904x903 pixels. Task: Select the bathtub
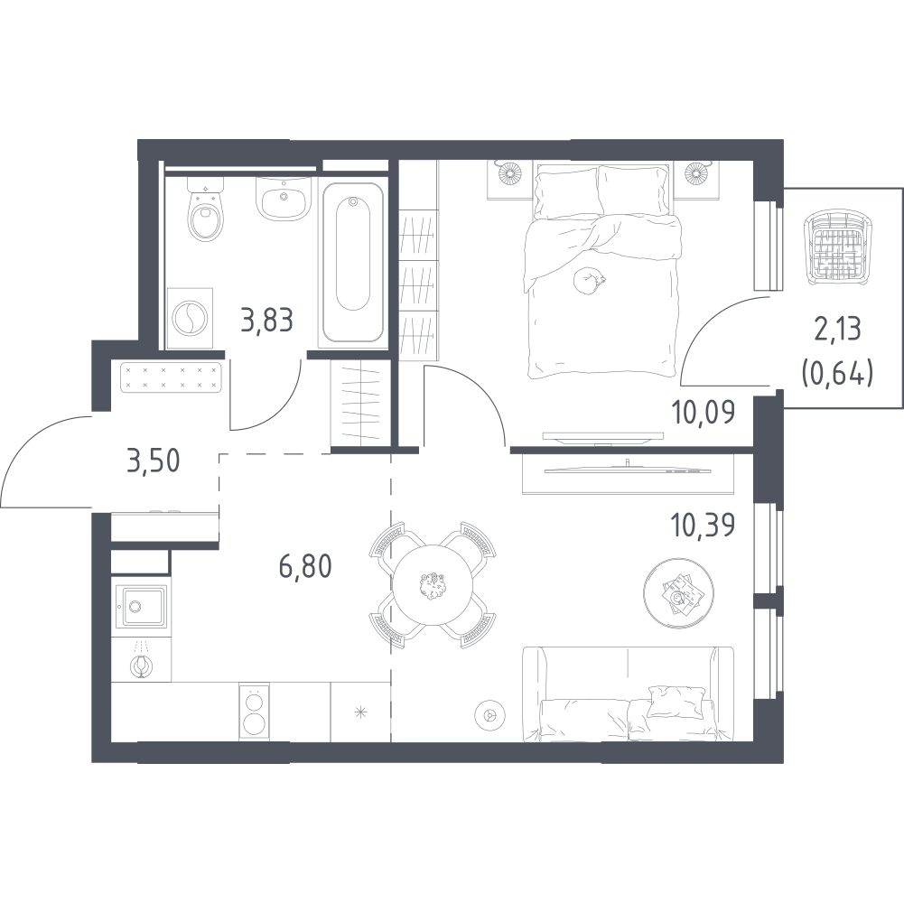coord(353,263)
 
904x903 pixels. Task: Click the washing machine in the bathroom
coord(190,318)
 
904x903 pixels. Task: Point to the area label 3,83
coord(267,321)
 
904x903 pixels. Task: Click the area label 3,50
coord(154,461)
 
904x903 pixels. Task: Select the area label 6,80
coord(305,567)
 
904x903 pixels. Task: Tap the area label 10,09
coord(704,413)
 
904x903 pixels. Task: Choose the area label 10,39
coord(704,525)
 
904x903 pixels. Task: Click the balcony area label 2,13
coord(836,330)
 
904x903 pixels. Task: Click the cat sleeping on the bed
coord(589,281)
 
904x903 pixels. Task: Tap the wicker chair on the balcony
coord(836,248)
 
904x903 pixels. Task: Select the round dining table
coord(433,585)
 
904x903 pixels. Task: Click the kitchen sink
coord(141,606)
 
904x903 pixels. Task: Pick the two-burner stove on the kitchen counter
coord(255,712)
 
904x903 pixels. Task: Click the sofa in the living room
coord(629,694)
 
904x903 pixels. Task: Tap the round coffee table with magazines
coord(678,592)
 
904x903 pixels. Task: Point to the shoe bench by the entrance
coord(171,377)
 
